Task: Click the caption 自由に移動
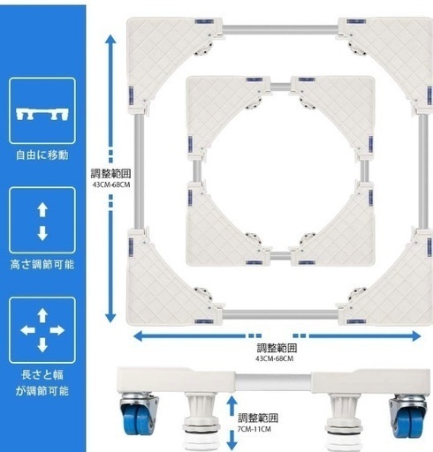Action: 42,154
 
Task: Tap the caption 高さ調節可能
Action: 42,264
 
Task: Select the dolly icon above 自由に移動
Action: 42,114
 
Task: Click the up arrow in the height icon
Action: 42,209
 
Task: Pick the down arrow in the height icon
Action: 42,233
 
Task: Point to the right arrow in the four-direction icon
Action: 57,330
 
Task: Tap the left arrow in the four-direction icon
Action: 27,330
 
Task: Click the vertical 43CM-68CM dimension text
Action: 111,185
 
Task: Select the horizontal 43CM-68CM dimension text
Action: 274,358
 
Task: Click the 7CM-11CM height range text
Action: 254,429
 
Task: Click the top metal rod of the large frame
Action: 280,29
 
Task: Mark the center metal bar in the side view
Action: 273,382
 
